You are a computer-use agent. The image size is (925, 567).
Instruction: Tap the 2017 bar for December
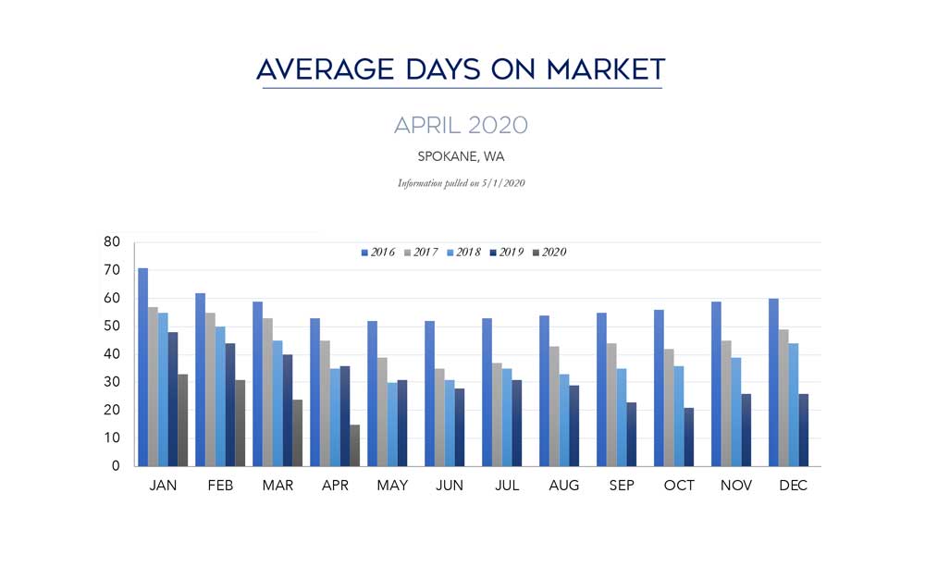point(783,398)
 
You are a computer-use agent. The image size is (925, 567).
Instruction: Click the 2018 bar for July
point(507,417)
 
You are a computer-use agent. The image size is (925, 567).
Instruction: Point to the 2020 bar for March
point(298,433)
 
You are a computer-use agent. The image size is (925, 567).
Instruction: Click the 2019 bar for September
point(632,434)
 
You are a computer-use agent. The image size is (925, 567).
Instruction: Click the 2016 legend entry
point(377,253)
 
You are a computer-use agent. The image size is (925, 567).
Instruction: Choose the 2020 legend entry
point(548,253)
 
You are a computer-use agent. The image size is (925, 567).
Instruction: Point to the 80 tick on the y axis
point(112,242)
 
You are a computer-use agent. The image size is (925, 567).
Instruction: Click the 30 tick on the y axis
point(112,382)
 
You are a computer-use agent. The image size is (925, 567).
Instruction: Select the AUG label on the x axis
point(564,486)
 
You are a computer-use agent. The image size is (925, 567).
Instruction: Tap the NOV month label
point(736,486)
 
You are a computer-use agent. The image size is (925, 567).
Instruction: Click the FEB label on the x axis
point(220,486)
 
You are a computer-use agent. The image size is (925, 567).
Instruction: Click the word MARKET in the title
point(606,69)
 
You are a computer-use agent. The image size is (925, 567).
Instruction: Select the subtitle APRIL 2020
point(461,125)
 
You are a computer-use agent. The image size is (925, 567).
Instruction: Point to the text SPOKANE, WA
point(461,156)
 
